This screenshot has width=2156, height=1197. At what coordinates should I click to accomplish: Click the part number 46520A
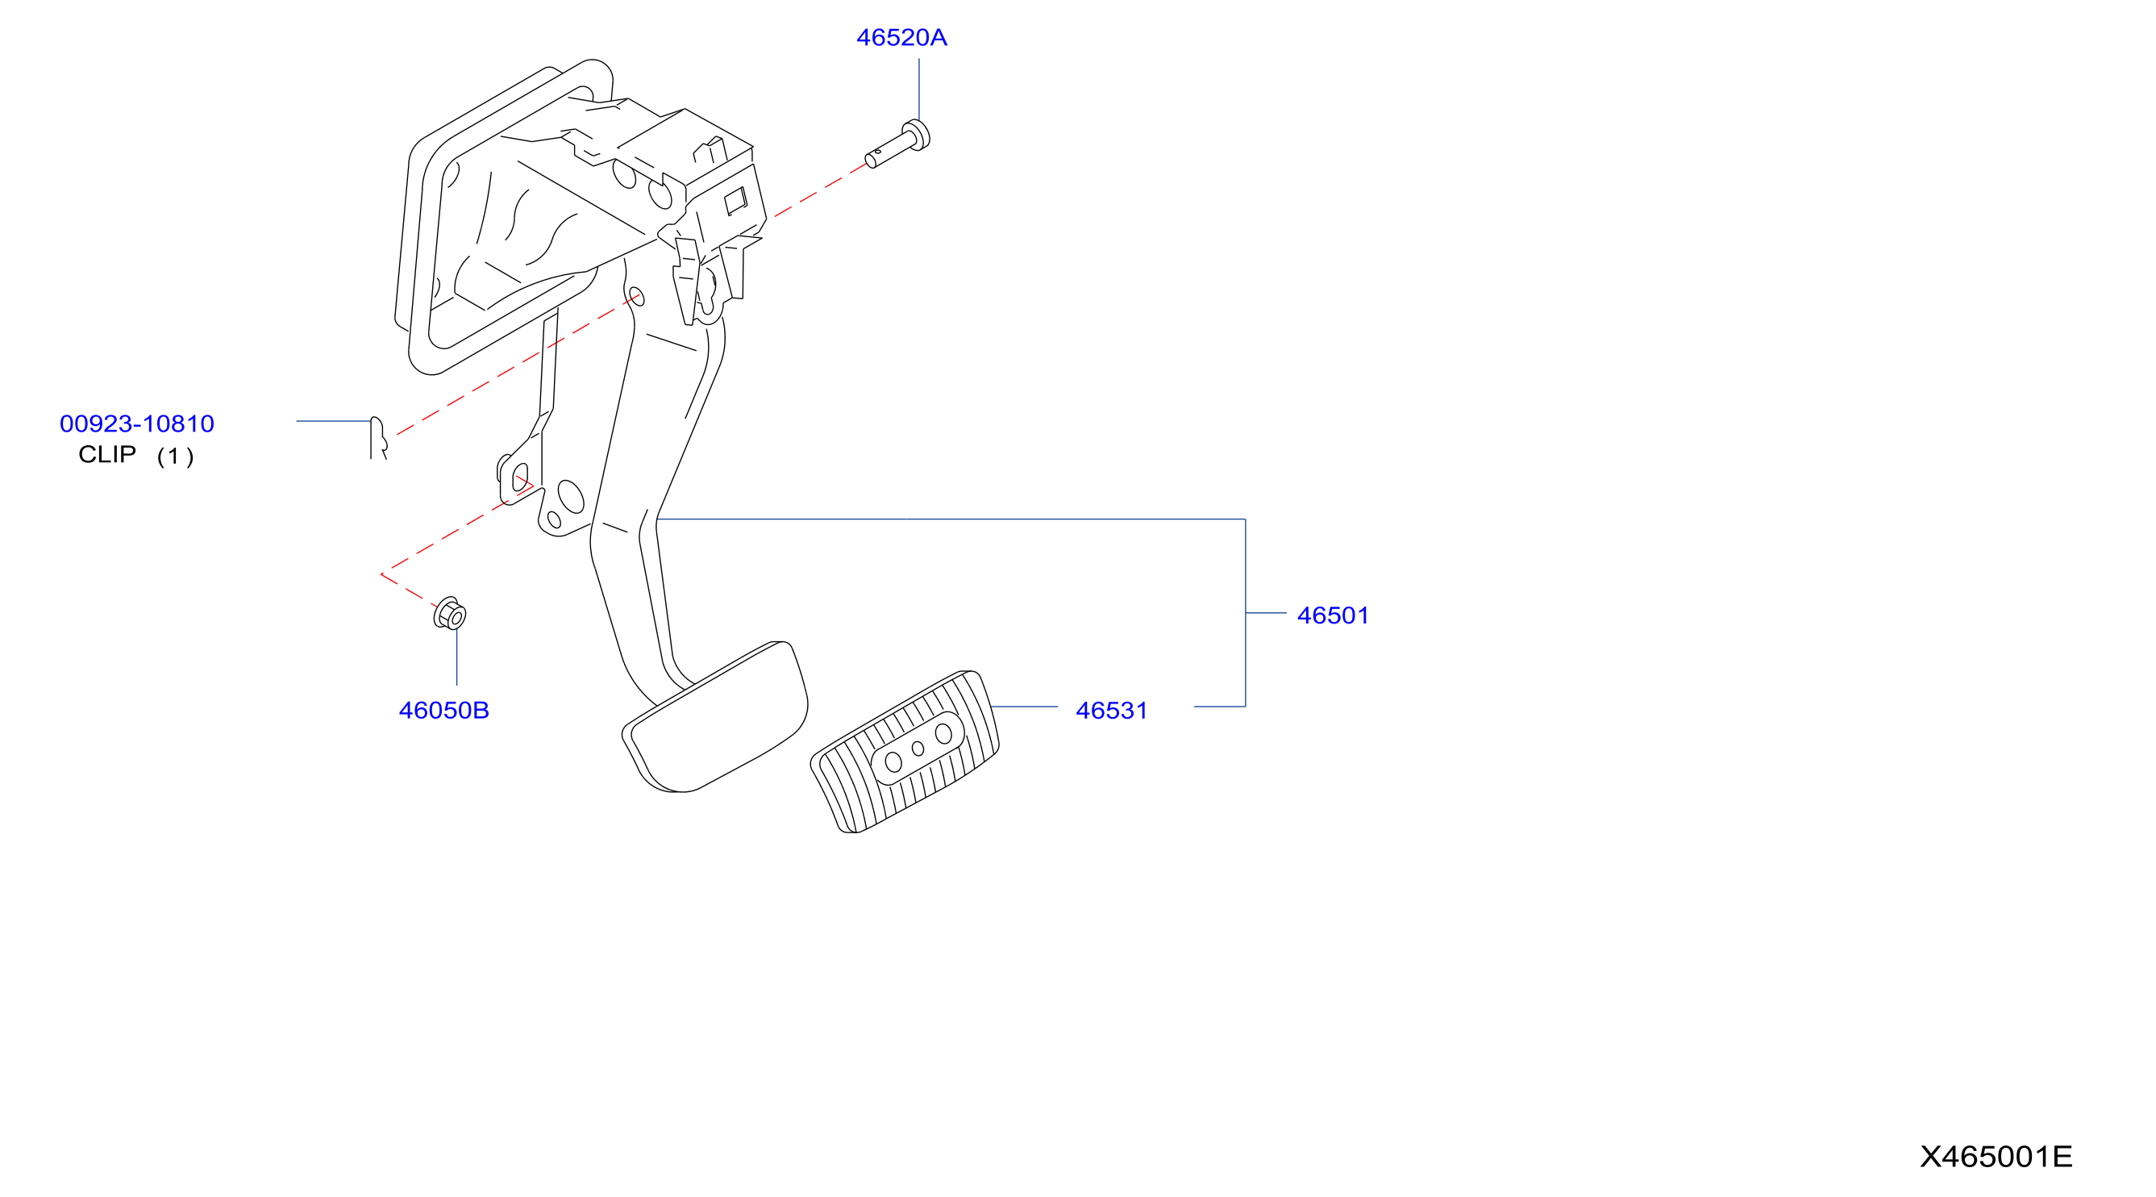point(901,38)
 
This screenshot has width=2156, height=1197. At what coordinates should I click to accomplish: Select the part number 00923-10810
point(136,423)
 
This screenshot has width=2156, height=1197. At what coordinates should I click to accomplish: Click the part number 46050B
point(443,711)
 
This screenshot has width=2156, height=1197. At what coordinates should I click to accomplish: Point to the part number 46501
point(1334,615)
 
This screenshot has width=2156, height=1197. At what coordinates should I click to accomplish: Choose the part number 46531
point(1112,711)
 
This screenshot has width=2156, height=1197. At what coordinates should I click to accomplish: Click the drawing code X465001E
point(1996,1156)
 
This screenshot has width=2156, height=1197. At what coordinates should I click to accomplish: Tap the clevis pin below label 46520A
point(897,145)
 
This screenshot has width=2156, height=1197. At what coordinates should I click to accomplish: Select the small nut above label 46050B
point(450,614)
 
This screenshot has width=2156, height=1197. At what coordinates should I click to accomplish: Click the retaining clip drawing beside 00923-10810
point(378,437)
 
